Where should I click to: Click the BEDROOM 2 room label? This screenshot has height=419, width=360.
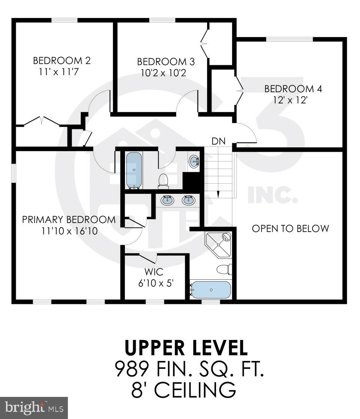(x=62, y=61)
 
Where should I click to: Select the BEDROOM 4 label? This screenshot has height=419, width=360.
(x=293, y=89)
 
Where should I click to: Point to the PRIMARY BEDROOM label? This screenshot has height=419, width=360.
(x=69, y=220)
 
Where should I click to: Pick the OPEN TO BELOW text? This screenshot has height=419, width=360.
(x=290, y=229)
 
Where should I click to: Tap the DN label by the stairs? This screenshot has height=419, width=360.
(x=218, y=141)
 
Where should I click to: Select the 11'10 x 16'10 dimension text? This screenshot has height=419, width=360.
(x=69, y=231)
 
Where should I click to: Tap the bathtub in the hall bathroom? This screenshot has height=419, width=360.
(x=134, y=171)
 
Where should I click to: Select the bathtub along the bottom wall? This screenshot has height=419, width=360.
(x=211, y=290)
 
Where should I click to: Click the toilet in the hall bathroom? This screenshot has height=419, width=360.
(x=163, y=180)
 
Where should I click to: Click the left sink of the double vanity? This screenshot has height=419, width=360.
(x=167, y=201)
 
